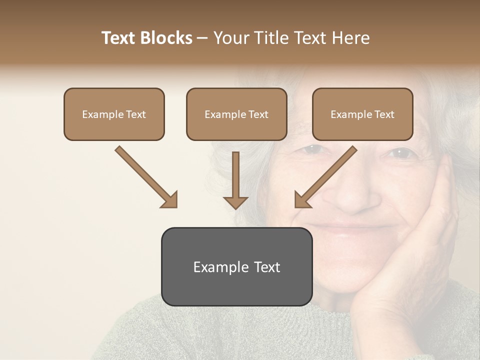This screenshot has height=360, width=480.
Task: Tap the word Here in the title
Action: point(352,38)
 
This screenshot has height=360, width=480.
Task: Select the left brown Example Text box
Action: point(114,114)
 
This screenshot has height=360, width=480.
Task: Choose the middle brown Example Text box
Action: point(236,114)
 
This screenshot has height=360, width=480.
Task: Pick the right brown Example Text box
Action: point(362,114)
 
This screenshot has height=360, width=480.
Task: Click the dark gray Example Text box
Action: point(236,267)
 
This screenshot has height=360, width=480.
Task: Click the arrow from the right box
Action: point(326,176)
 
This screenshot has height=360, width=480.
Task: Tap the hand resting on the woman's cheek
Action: point(430,235)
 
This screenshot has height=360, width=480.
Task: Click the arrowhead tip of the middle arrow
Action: point(235,208)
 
